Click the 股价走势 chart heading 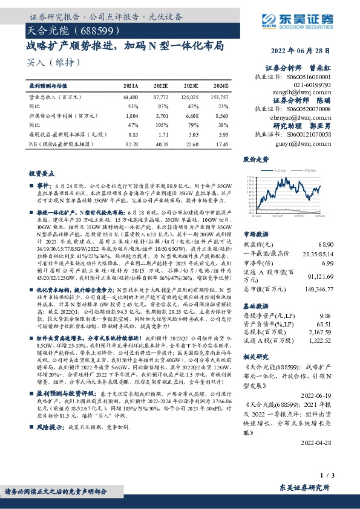click(x=255, y=160)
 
